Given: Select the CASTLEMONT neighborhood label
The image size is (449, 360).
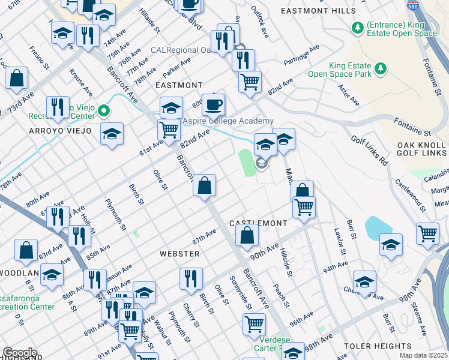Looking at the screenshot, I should pyautogui.click(x=258, y=223).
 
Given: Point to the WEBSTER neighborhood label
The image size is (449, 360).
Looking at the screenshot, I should pyautogui.click(x=179, y=254).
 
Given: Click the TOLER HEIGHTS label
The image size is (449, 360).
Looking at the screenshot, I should pyautogui.click(x=378, y=346).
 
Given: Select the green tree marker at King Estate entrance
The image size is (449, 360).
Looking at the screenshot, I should pyautogui.click(x=358, y=28).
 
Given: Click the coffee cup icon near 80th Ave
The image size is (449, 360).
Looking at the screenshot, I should pyautogui.click(x=213, y=106).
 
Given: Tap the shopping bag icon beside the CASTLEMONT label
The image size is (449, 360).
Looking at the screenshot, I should pyautogui.click(x=247, y=235).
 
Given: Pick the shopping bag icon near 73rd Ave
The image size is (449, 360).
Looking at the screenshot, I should pyautogui.click(x=17, y=78).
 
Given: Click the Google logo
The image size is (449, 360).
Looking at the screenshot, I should pyautogui.click(x=20, y=353).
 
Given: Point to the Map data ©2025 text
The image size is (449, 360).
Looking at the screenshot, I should pyautogui.click(x=423, y=355).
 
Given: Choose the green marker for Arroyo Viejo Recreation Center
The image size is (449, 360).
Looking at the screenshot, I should pyautogui.click(x=104, y=110).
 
